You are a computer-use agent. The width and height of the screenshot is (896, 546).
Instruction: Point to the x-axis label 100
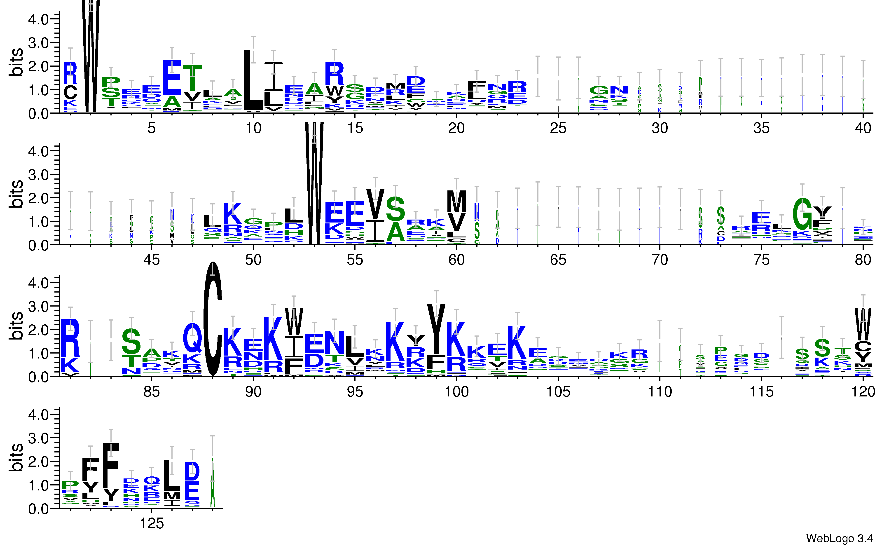(456, 391)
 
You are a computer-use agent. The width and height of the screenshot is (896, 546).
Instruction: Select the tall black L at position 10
(253, 80)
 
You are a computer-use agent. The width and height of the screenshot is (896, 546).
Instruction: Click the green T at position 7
(192, 78)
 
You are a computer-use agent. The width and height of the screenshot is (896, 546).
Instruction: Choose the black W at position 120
(863, 324)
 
